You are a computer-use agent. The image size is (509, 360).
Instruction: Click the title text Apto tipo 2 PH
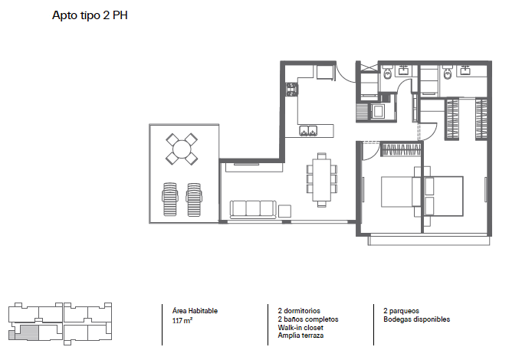tap(90, 15)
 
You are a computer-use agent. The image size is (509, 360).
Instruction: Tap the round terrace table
tap(182, 149)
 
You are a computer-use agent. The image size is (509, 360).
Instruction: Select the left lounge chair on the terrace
tap(169, 199)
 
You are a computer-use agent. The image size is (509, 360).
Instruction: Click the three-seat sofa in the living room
tap(253, 209)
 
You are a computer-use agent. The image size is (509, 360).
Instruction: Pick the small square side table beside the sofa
tap(284, 211)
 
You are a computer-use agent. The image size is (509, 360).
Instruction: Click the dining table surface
tap(322, 180)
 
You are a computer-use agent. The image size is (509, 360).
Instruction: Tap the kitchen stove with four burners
tap(292, 89)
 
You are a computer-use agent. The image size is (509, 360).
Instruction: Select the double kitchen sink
tap(307, 130)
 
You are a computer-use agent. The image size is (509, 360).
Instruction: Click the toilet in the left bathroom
tap(388, 73)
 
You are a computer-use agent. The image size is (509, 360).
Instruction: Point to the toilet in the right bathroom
tap(448, 73)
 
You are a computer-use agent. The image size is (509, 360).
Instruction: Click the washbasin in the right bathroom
tap(464, 70)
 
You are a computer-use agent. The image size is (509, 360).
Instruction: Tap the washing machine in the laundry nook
tap(378, 111)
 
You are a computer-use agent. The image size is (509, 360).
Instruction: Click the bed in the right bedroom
tap(443, 196)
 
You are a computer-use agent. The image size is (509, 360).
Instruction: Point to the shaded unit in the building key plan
tap(27, 332)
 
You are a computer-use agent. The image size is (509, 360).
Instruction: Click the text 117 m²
tap(182, 321)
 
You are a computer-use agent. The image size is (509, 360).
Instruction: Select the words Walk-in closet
tap(300, 328)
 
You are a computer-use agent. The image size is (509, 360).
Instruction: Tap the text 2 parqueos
tap(401, 311)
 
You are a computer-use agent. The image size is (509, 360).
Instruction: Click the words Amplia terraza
tap(300, 335)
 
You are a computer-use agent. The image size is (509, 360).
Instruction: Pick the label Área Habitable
tap(195, 311)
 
